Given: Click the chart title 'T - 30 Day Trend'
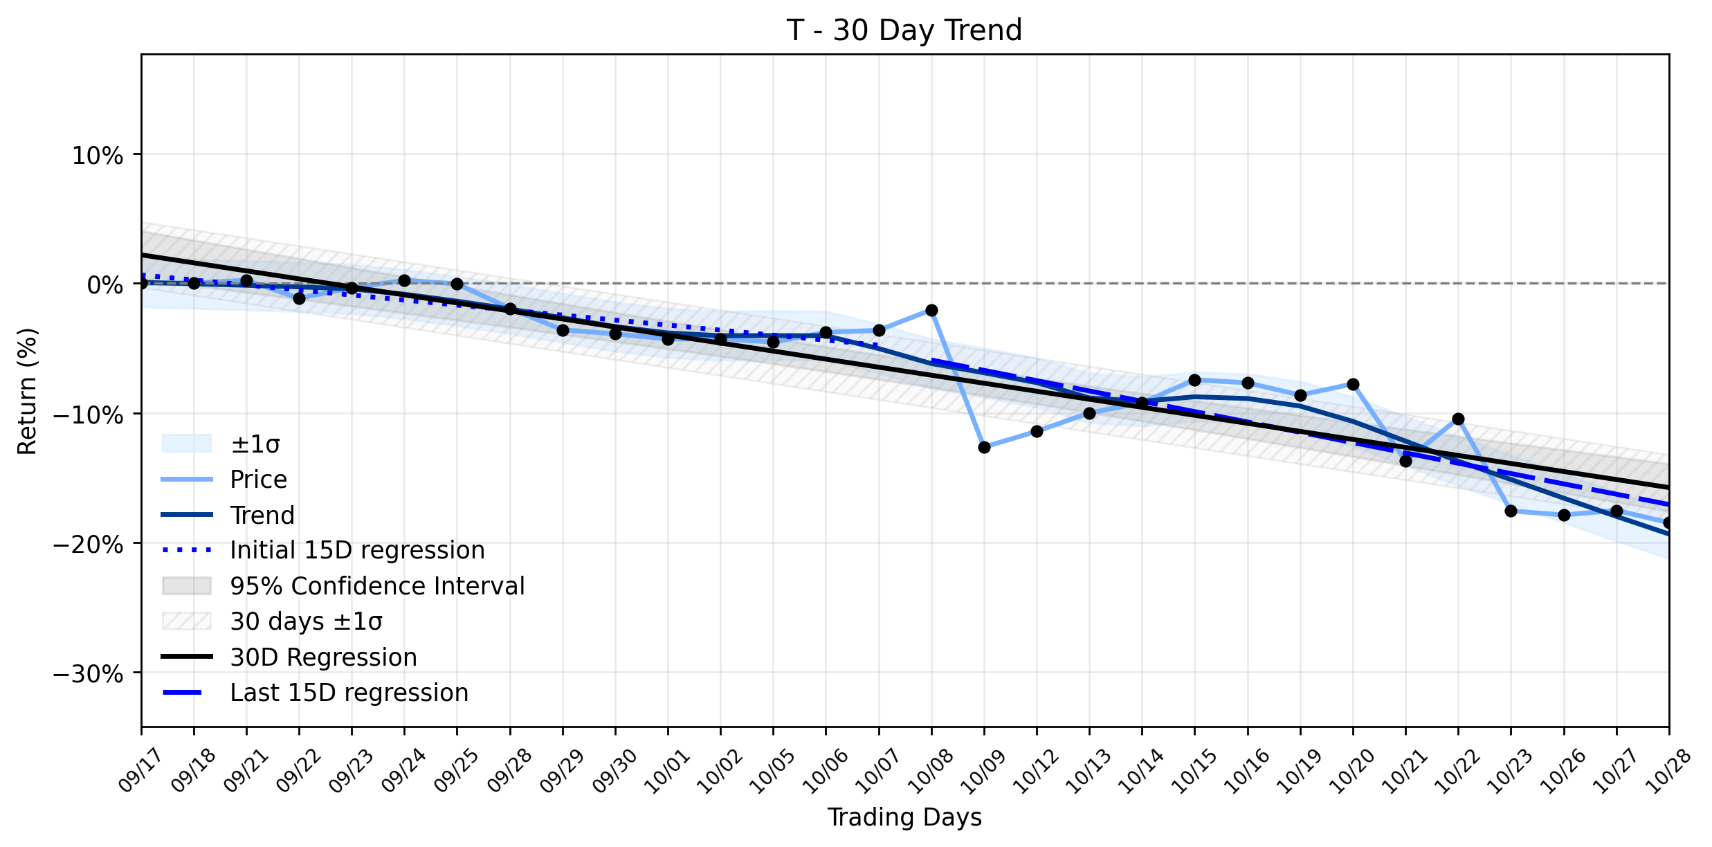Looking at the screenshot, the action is click(904, 30).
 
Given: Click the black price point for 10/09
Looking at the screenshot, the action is click(984, 447).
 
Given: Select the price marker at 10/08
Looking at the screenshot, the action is click(931, 310).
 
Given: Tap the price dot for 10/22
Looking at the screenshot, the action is click(1458, 419).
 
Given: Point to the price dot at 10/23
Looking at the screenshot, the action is click(1511, 511).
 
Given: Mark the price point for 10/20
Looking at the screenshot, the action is click(1353, 384).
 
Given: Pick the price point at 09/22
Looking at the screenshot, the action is click(299, 298).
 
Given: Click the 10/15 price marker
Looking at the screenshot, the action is click(1194, 380).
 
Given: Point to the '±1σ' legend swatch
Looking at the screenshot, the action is click(186, 444).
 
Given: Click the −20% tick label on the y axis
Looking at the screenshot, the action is click(89, 544).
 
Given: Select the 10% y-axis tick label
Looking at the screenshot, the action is click(98, 156).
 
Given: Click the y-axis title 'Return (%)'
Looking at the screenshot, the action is click(28, 391).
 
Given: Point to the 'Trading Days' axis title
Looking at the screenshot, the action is click(904, 817).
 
